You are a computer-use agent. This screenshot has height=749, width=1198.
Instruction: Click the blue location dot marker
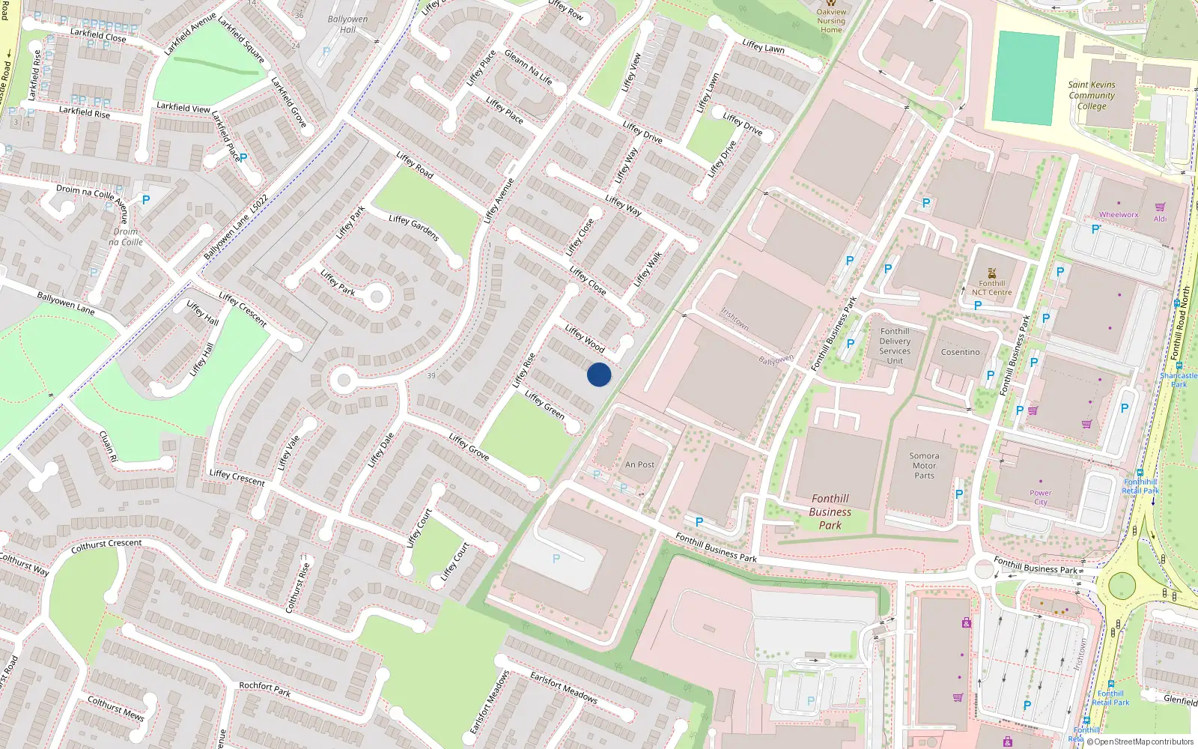[x=599, y=374]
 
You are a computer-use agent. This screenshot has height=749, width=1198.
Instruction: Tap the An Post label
[x=639, y=464]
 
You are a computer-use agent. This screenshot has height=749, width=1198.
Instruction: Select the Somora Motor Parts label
[x=924, y=465]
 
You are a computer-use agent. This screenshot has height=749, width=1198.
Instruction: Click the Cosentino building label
[x=960, y=352]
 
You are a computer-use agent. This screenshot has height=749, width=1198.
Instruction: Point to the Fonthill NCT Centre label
[x=991, y=288]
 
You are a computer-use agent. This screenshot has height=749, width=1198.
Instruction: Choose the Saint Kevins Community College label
[x=1092, y=95]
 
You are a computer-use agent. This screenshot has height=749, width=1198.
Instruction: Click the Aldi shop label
[x=1160, y=219]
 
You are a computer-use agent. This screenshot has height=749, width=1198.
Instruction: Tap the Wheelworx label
[x=1118, y=215]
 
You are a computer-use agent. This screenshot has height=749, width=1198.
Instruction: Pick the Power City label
[x=1040, y=497]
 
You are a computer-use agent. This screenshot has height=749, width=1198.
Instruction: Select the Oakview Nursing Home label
[x=831, y=21]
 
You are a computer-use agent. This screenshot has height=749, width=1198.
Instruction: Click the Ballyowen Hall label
[x=347, y=24]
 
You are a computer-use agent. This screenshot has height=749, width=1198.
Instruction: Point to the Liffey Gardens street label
[x=413, y=228]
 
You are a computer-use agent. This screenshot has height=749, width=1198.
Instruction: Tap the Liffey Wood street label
[x=585, y=339]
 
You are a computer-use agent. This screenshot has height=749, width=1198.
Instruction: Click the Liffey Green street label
[x=544, y=404]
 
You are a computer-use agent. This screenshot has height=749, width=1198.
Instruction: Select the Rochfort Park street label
[x=264, y=688]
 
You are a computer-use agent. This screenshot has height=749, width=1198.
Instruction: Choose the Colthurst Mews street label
[x=115, y=708]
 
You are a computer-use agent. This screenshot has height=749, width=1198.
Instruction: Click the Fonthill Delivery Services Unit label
[x=895, y=346]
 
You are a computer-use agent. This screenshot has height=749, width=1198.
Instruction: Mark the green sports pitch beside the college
[x=1024, y=78]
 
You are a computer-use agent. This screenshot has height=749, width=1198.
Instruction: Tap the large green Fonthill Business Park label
[x=830, y=512]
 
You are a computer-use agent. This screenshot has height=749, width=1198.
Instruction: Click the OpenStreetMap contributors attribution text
[x=1140, y=742]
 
